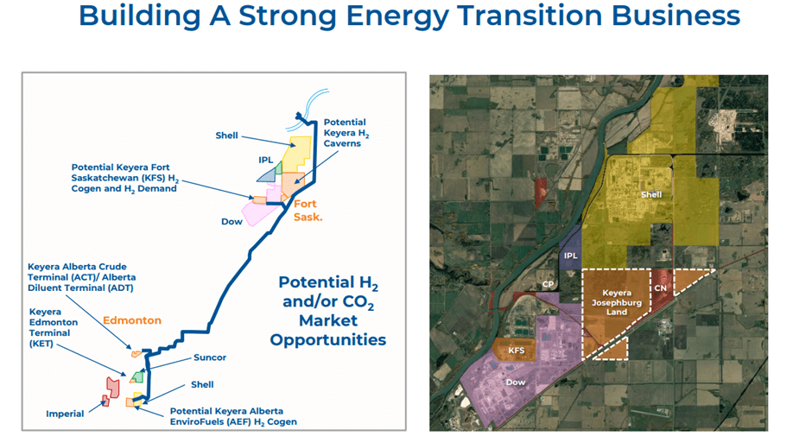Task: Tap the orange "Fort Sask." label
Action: pyautogui.click(x=308, y=210)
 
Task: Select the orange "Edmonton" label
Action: pyautogui.click(x=132, y=320)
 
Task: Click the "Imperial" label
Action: pyautogui.click(x=65, y=414)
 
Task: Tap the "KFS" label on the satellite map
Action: pyautogui.click(x=515, y=351)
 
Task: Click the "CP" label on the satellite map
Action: pyautogui.click(x=548, y=283)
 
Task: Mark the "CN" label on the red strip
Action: pyautogui.click(x=660, y=288)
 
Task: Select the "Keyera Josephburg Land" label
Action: pyautogui.click(x=617, y=303)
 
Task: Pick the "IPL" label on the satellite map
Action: pyautogui.click(x=570, y=256)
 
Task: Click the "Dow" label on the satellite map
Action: pyautogui.click(x=515, y=381)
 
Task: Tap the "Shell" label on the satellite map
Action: pyautogui.click(x=650, y=194)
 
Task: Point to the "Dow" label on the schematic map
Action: pyautogui.click(x=232, y=222)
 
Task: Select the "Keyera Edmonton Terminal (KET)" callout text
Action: pyautogui.click(x=54, y=327)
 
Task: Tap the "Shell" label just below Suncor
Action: pyautogui.click(x=202, y=385)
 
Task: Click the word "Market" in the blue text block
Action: pyautogui.click(x=327, y=320)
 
